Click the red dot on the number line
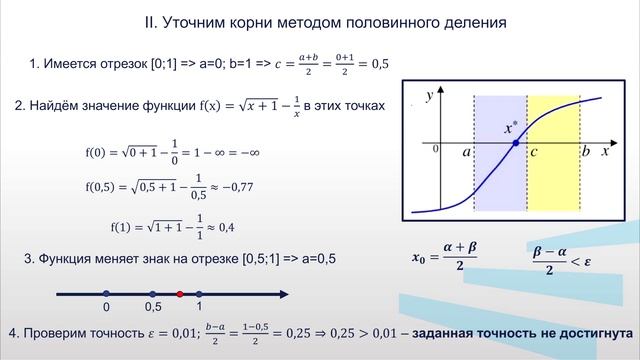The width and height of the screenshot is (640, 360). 179,293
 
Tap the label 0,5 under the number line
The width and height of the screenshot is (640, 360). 153,307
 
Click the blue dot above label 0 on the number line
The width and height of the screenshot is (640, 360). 106,293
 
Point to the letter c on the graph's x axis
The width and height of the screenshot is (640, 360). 535,152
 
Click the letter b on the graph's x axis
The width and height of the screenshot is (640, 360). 586,152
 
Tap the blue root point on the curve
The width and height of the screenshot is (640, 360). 515,144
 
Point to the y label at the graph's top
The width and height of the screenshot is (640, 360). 430,96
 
